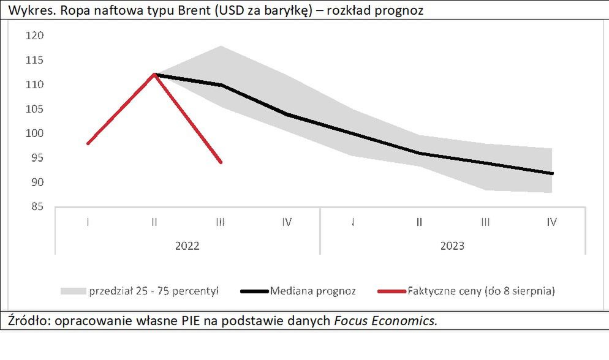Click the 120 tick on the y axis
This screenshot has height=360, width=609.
tap(35, 36)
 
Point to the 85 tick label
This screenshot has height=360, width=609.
tap(35, 207)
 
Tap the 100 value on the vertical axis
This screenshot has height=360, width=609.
tap(35, 133)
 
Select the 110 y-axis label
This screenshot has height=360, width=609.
tap(35, 84)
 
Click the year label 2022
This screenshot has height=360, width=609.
tap(187, 246)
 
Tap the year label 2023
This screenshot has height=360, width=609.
tap(452, 246)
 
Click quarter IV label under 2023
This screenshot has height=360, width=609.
tap(551, 222)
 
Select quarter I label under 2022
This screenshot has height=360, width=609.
tap(88, 222)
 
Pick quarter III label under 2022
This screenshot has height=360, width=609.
tap(221, 222)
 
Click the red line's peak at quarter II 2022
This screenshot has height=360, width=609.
tap(154, 74)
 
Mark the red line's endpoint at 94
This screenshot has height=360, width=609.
tap(221, 162)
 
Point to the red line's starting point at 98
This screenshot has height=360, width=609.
tap(88, 143)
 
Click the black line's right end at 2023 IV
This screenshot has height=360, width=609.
tap(552, 173)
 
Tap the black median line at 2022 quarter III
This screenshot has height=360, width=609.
tap(221, 84)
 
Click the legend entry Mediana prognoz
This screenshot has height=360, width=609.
tap(312, 291)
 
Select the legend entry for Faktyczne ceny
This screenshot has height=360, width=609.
tap(481, 291)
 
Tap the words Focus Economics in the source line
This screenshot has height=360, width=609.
tap(385, 320)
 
